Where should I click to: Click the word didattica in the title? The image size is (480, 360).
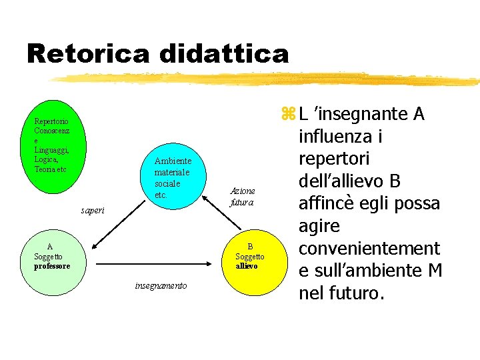(221, 54)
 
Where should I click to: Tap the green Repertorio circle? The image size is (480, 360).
(60, 150)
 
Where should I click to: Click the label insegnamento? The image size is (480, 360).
(161, 286)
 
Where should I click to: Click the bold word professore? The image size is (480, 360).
(52, 266)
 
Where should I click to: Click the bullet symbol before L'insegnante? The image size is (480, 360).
(287, 115)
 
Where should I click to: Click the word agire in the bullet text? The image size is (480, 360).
(319, 227)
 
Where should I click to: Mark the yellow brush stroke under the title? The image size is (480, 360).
(267, 79)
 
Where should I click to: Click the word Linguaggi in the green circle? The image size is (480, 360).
(51, 150)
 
